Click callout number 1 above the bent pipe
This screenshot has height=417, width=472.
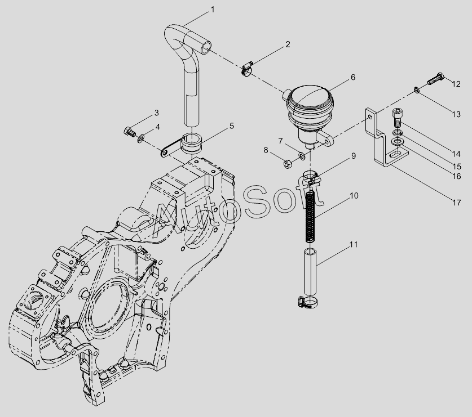(213, 10)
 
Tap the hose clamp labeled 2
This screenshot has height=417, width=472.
(248, 69)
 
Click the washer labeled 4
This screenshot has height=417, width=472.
(140, 139)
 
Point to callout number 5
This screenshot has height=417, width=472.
(231, 125)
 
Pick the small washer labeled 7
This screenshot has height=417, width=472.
(301, 155)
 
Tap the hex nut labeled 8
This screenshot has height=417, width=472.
(287, 164)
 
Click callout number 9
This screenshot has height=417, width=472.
(353, 156)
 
